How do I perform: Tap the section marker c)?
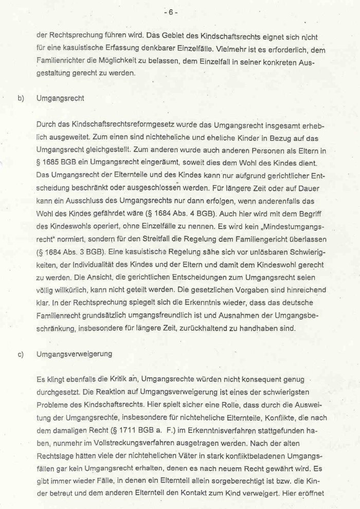(x=21, y=354)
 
